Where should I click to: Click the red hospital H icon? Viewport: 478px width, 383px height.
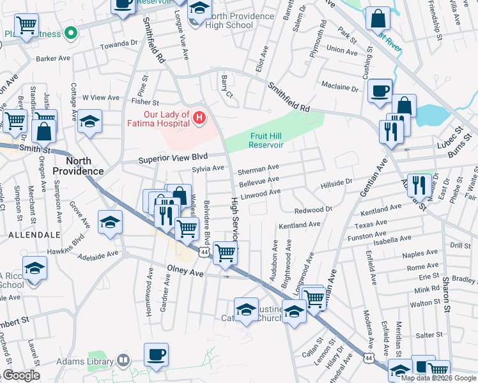[x=199, y=118]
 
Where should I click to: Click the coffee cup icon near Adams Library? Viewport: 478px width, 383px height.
[x=155, y=354]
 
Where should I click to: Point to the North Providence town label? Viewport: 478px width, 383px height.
[x=78, y=166]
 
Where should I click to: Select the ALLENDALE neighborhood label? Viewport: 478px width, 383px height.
[x=25, y=236]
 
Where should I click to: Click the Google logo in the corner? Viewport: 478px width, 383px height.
[x=20, y=375]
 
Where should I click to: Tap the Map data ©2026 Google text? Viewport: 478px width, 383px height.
[x=438, y=378]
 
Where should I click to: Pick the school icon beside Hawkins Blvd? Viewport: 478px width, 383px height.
[x=110, y=223]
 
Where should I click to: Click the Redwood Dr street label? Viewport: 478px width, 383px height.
[x=314, y=210]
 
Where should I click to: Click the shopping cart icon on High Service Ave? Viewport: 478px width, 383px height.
[x=225, y=253]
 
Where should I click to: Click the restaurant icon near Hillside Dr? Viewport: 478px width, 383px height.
[x=418, y=185]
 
